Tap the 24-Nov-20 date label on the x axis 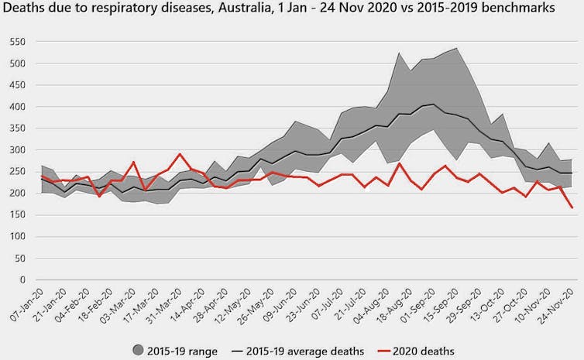(558, 303)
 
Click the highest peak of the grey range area (457, 48)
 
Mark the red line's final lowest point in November (572, 207)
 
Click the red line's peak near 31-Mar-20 (180, 154)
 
